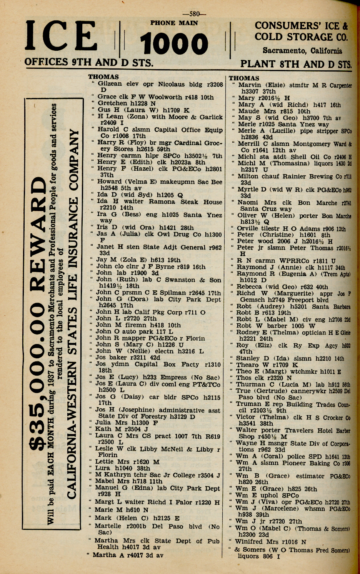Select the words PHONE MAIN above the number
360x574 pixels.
174,23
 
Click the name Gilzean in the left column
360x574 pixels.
110,84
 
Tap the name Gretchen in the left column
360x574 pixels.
112,103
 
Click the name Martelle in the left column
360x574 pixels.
110,526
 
